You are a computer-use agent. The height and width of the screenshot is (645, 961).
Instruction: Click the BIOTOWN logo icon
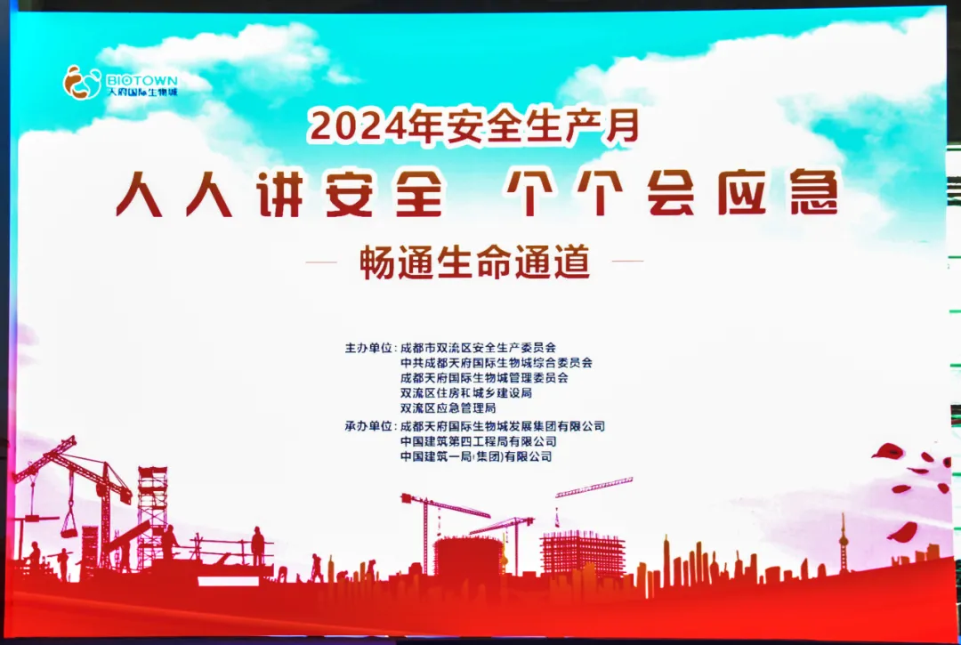[x=82, y=83]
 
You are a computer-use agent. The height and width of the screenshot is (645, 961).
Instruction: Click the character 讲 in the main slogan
[x=280, y=194]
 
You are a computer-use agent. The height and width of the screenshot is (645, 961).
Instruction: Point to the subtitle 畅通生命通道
[x=475, y=262]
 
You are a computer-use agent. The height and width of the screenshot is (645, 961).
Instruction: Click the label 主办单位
[x=367, y=348]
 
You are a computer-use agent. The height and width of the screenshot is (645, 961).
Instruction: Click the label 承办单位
[x=367, y=426]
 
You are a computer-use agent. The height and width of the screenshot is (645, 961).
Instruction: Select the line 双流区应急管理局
[x=448, y=408]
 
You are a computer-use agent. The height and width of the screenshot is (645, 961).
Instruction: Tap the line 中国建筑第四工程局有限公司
[x=479, y=441]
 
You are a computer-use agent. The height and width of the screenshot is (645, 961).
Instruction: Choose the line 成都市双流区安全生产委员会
[x=479, y=348]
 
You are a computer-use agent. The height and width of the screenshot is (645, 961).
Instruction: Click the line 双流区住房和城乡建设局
[x=465, y=392]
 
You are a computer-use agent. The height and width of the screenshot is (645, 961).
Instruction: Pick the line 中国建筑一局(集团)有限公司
[x=476, y=456]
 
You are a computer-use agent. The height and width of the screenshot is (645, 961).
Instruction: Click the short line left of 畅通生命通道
[x=321, y=262]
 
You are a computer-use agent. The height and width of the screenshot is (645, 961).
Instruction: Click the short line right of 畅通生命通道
[x=627, y=261]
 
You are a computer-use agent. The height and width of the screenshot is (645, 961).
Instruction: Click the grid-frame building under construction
[x=583, y=553]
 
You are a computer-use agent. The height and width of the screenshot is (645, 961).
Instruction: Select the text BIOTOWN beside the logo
[x=141, y=80]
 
